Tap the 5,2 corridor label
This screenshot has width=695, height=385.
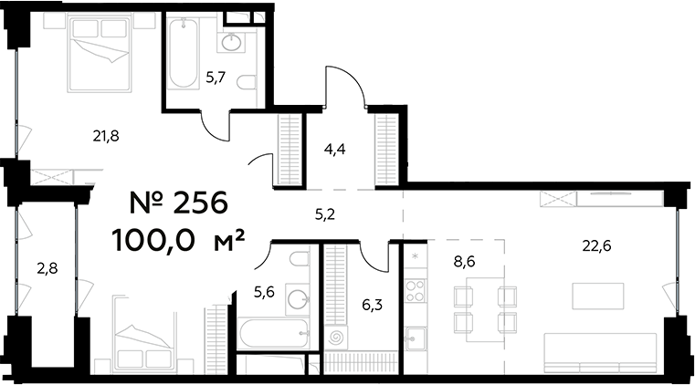pyautogui.click(x=326, y=216)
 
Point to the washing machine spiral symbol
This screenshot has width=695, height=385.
pyautogui.click(x=337, y=337)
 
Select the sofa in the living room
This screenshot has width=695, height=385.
pyautogui.click(x=601, y=351)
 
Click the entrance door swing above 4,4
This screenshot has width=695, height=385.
pyautogui.click(x=348, y=84)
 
